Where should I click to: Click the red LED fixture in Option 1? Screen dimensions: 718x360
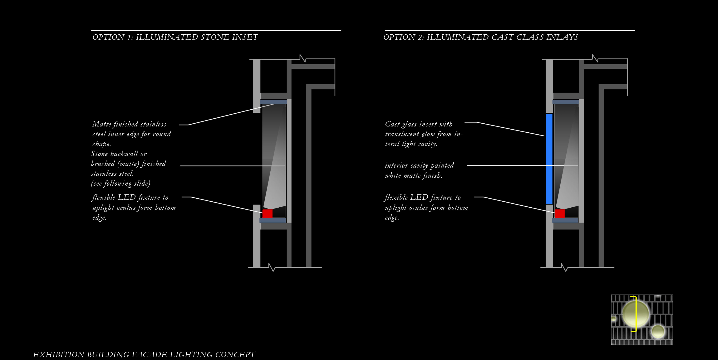point(267,213)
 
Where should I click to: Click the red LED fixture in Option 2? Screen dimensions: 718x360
point(560,213)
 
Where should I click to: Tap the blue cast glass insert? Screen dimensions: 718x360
point(549,159)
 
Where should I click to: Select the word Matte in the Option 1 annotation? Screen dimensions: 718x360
point(102,124)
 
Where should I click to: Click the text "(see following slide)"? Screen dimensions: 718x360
point(120,183)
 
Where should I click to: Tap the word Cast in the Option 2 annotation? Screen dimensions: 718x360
point(392,124)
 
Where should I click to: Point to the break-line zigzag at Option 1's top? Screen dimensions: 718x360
point(302,58)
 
